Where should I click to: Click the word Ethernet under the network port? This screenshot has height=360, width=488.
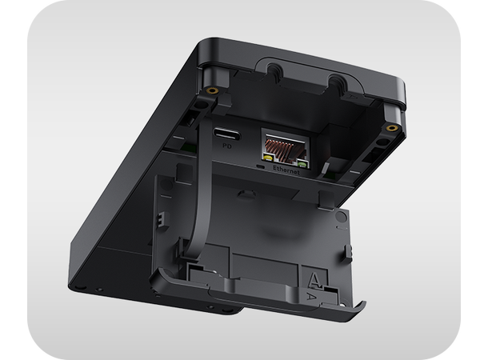pos(286,170)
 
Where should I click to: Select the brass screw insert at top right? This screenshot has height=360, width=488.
pos(390,128)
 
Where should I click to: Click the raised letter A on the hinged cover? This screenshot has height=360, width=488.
pos(318,279)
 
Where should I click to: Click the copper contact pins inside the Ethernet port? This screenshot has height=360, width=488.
pos(285,145)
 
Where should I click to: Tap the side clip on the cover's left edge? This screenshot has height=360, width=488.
pos(160,217)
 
